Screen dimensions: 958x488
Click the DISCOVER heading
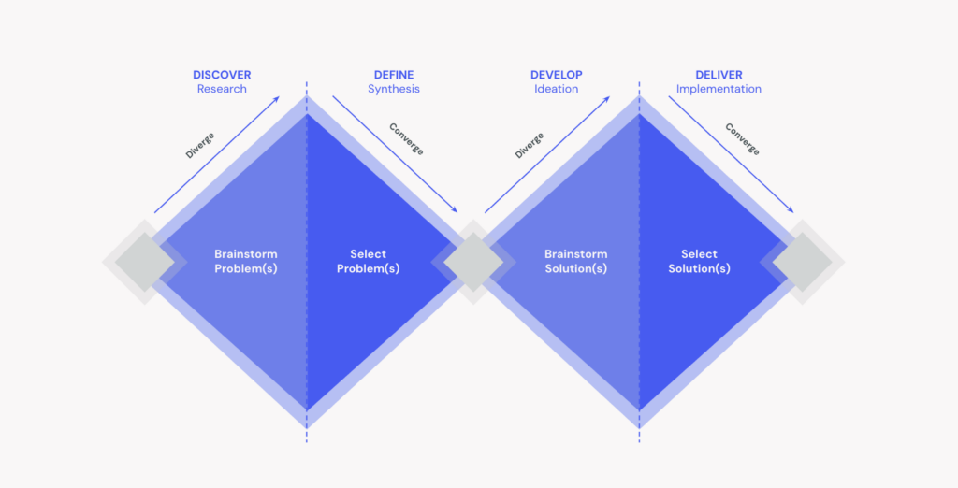point(222,75)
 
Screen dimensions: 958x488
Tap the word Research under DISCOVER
point(222,89)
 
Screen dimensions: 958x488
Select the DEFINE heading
point(394,75)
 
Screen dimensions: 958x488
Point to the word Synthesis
point(394,89)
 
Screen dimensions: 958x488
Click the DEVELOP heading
point(556,75)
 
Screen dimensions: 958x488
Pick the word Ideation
point(556,89)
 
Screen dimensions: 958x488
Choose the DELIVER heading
point(718,75)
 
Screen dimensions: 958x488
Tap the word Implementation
point(718,89)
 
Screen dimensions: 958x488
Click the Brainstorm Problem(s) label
point(246,262)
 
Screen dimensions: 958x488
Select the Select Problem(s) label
point(368,262)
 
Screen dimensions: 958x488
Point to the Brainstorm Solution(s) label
point(576,262)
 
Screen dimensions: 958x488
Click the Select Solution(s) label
point(699,262)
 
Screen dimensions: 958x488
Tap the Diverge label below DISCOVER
point(200,145)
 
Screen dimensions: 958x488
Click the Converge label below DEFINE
point(406,139)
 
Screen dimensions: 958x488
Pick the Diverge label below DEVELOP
point(530,145)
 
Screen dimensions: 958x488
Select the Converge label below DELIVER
point(742,139)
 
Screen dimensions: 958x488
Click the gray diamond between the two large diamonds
point(473,262)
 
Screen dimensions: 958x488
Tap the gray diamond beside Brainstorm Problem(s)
point(145,262)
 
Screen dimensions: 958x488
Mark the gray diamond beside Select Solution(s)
point(802,262)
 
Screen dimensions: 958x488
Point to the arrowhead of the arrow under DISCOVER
point(277,98)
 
